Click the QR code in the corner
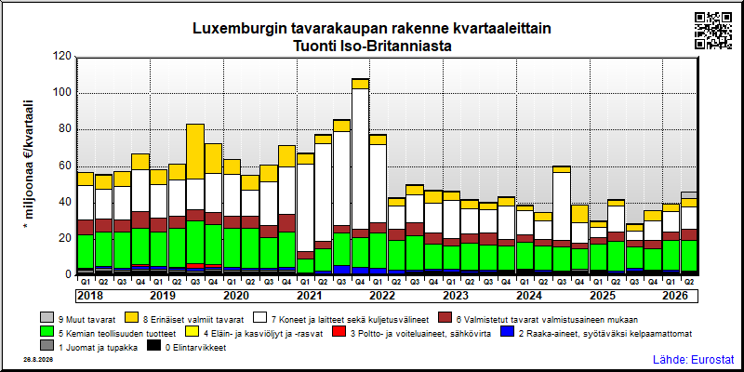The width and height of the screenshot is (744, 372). (x=712, y=31)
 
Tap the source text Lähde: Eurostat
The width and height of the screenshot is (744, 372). (x=693, y=359)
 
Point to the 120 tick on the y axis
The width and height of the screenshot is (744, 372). (x=63, y=57)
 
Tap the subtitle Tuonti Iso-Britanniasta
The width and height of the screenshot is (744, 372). (x=371, y=46)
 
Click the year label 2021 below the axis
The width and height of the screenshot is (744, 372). (x=310, y=296)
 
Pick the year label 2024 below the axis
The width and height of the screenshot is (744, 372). (x=529, y=296)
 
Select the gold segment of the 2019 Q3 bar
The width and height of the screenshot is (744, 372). (x=195, y=152)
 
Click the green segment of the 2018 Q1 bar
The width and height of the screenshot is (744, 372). (x=86, y=251)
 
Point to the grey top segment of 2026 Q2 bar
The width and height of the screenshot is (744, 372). (x=689, y=195)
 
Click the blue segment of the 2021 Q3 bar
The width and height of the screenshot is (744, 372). (x=342, y=270)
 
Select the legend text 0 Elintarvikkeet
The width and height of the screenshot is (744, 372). (x=195, y=348)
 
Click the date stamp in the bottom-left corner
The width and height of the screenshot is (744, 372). (x=38, y=360)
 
